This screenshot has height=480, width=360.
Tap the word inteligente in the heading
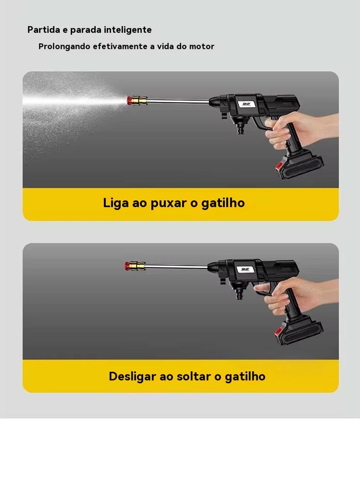click(x=128, y=30)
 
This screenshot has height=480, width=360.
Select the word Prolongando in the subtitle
click(x=64, y=46)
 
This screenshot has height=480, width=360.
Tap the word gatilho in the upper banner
click(x=223, y=203)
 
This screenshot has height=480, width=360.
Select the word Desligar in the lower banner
click(x=133, y=377)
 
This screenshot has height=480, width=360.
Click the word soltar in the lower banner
click(x=194, y=377)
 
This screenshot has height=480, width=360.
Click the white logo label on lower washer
click(x=245, y=269)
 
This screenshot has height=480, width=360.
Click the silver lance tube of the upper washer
click(x=178, y=101)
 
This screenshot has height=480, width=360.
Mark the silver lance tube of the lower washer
click(x=176, y=267)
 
